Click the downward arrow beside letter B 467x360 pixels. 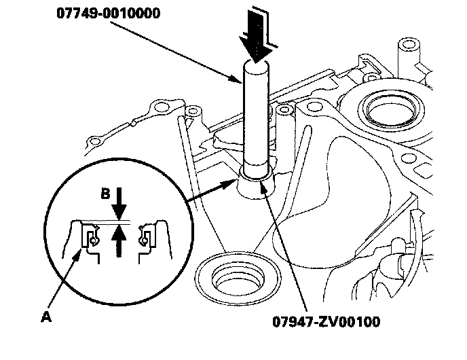pyautogui.click(x=120, y=200)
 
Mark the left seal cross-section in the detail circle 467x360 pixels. pyautogui.click(x=90, y=238)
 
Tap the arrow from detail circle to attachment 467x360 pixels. pyautogui.click(x=210, y=189)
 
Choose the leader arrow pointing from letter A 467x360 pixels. pyautogui.click(x=65, y=281)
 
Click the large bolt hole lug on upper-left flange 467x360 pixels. pyautogui.click(x=163, y=107)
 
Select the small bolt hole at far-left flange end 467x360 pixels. pyautogui.click(x=91, y=141)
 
